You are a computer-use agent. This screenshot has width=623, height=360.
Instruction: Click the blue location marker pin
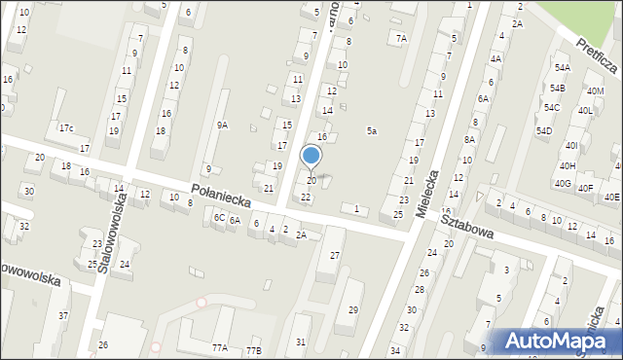[311, 157]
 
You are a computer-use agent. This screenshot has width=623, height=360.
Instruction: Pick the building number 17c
[66, 128]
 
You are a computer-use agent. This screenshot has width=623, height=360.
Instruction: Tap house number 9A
[222, 125]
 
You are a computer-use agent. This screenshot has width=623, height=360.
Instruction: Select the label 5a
[371, 130]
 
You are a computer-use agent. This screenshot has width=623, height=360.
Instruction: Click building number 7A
[401, 39]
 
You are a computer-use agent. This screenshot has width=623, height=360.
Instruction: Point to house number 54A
[561, 68]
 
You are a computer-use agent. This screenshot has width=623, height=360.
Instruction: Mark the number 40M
[595, 90]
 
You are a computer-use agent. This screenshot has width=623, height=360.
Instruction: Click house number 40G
[563, 183]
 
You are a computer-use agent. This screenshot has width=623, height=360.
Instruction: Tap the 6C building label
[219, 218]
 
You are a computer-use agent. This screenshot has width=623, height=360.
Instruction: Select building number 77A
[220, 347]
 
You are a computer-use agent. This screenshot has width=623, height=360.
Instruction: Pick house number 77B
[253, 350]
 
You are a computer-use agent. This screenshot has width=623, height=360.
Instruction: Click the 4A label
[495, 58]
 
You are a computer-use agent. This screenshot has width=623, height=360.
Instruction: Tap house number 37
[63, 315]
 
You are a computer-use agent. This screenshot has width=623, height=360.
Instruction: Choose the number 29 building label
[353, 309]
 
